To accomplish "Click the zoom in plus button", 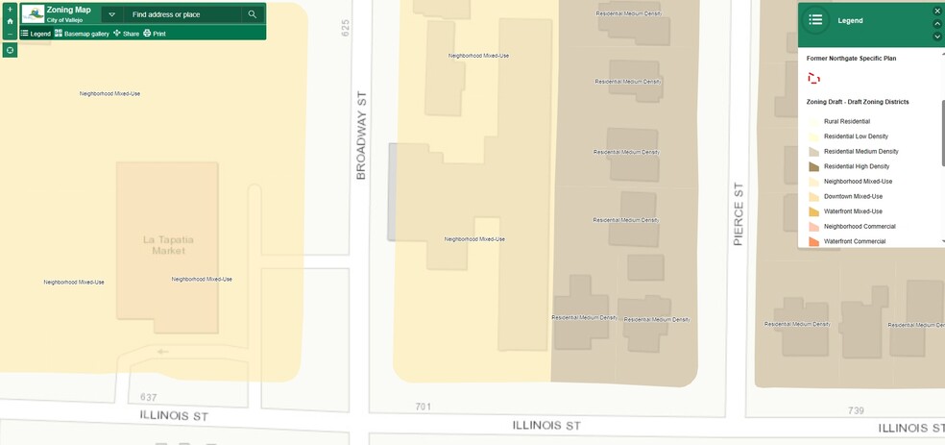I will coord(10,9).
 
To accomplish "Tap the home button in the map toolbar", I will coord(10,21).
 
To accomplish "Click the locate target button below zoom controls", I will coord(10,50).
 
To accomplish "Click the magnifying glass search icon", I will coord(253,14).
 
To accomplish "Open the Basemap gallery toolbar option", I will coord(81,34).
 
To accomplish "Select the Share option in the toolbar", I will coord(126,34).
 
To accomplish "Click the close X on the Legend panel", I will coord(937,11).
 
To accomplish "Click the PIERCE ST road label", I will coord(739,214).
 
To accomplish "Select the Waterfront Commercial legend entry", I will coord(854,241).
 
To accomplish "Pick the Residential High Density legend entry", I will coord(856,166).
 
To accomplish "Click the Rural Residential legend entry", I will coord(846,121).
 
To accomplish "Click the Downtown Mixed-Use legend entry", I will coord(853,196).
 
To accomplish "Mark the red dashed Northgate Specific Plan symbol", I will coord(813,79).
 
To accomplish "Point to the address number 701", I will coord(423,407).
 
